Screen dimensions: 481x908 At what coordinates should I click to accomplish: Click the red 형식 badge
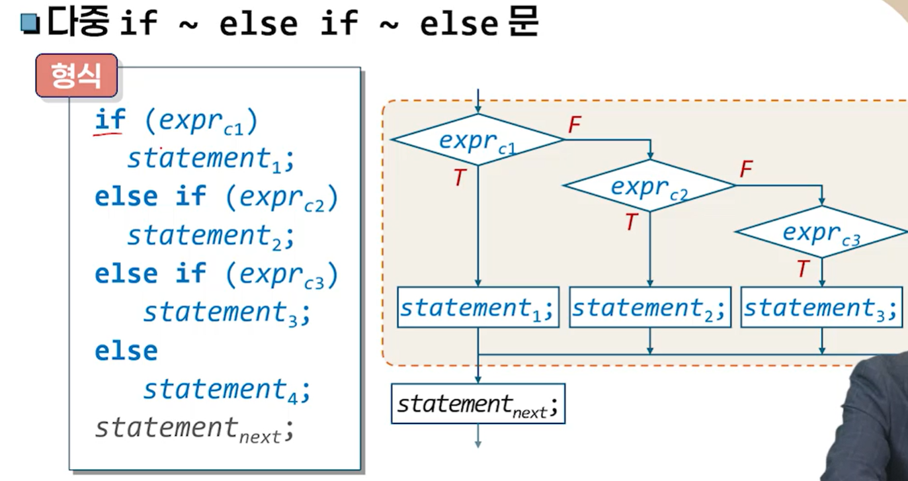[77, 75]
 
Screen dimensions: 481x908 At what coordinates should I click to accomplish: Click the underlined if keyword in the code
[110, 120]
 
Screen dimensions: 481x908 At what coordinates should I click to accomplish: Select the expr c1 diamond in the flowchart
[477, 140]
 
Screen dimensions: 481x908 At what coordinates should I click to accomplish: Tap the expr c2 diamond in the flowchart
[649, 186]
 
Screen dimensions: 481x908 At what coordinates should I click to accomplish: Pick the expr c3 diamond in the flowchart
[821, 232]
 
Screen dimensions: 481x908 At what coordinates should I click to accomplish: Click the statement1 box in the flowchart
[477, 308]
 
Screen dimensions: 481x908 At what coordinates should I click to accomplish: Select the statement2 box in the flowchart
[649, 308]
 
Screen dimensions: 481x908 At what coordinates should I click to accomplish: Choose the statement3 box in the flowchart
[821, 308]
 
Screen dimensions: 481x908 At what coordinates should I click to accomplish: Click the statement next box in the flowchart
[477, 404]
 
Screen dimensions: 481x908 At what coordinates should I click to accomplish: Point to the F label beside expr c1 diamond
[574, 125]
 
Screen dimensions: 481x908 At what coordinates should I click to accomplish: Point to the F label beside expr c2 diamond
[746, 170]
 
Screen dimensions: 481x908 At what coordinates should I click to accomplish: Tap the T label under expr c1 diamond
[460, 177]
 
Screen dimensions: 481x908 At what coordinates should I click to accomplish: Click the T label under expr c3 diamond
[803, 269]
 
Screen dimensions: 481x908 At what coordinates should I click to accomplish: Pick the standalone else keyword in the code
[126, 351]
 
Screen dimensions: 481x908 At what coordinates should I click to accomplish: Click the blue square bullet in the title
[30, 24]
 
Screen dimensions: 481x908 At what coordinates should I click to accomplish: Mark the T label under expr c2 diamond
[632, 223]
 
